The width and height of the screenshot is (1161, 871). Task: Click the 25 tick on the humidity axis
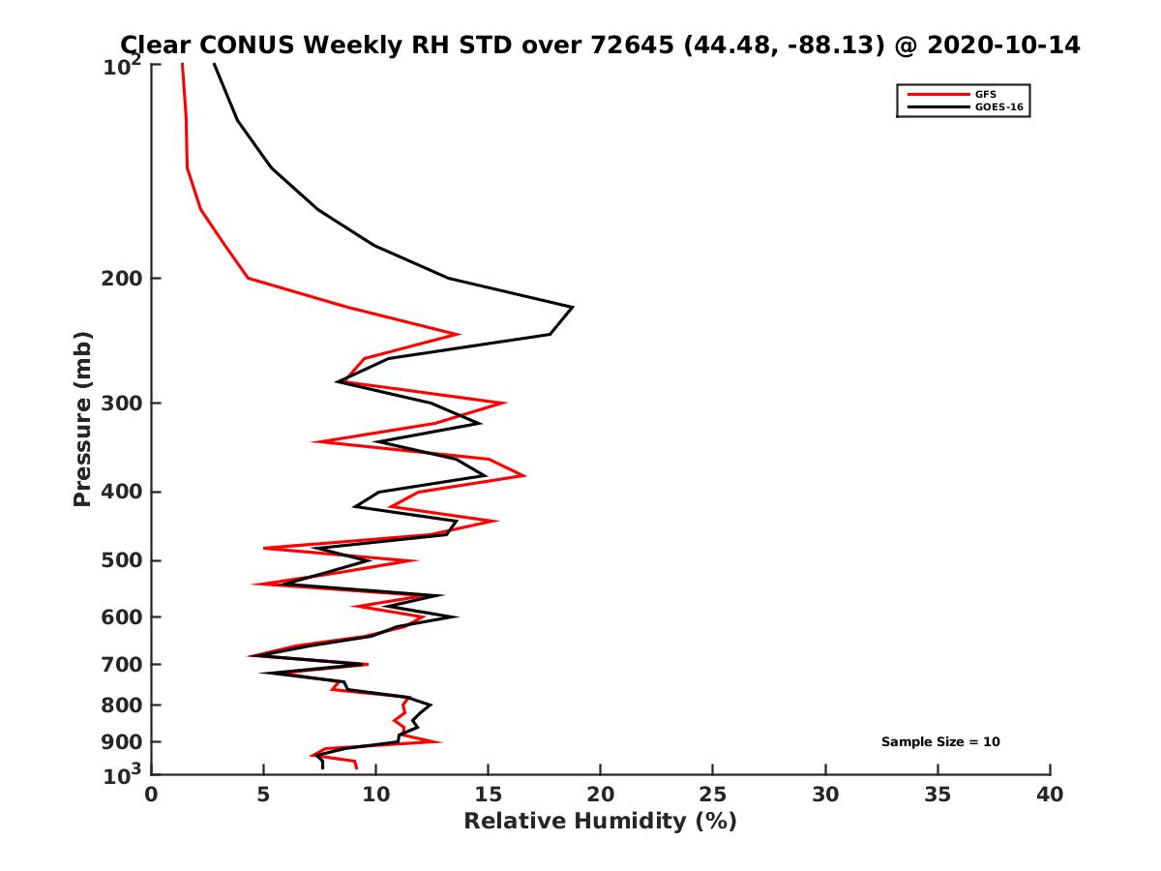point(713,795)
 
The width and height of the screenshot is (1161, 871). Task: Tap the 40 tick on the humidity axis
point(1050,795)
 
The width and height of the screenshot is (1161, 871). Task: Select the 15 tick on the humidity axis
point(489,795)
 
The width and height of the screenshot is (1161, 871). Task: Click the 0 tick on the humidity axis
point(152,795)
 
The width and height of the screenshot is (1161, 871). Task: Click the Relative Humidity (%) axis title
point(600,822)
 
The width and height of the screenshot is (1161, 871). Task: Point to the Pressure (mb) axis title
point(82,418)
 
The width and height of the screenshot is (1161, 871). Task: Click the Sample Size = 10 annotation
point(940,742)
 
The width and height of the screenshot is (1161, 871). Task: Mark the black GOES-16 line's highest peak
point(573,307)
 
